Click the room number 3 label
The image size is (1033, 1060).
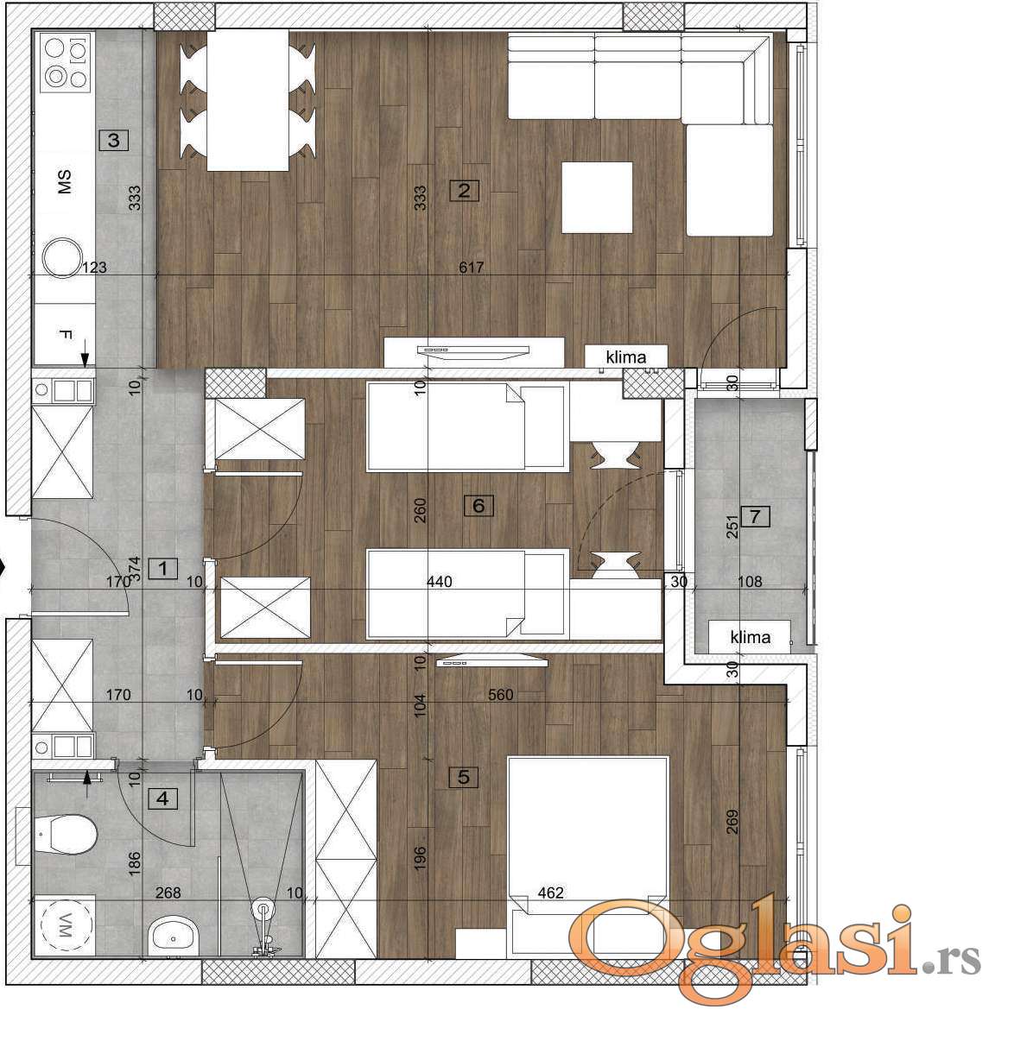(x=113, y=140)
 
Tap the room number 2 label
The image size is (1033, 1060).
(x=464, y=191)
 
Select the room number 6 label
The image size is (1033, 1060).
(x=478, y=505)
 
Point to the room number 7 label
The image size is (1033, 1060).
(x=755, y=516)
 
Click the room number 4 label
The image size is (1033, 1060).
(x=162, y=798)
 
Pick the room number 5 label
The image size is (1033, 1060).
(x=464, y=776)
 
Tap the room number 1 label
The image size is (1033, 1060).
(x=162, y=569)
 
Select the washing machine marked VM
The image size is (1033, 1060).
(x=64, y=926)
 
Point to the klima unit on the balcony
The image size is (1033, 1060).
(x=750, y=636)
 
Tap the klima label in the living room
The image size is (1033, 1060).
(x=626, y=357)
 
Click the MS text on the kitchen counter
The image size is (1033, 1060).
(x=64, y=182)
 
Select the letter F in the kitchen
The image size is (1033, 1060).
(x=65, y=334)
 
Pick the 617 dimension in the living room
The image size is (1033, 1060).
(x=472, y=267)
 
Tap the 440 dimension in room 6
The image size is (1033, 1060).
(x=440, y=581)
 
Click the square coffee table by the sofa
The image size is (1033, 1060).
(x=598, y=197)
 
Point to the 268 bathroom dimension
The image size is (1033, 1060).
(x=168, y=893)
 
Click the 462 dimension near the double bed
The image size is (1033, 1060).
(x=550, y=893)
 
